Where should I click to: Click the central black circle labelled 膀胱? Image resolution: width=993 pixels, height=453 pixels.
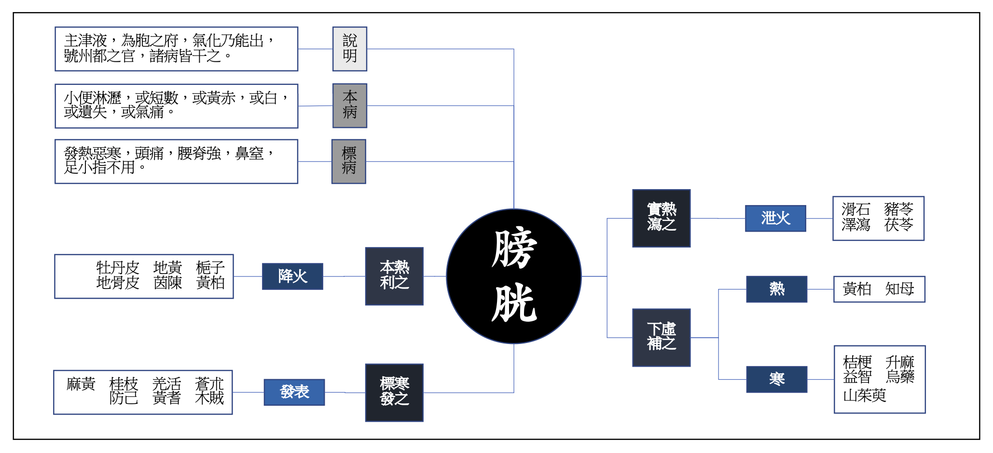[513, 276]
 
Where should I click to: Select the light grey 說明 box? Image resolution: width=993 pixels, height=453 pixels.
[349, 49]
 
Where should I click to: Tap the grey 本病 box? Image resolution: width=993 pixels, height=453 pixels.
[349, 105]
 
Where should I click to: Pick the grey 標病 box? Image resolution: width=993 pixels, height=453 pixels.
[348, 161]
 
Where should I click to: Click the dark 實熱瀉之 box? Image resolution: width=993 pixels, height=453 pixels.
[661, 218]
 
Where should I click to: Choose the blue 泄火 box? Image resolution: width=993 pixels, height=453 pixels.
[775, 218]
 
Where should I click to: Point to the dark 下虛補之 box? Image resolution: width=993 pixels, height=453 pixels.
[661, 337]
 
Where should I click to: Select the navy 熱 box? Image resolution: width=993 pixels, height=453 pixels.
[776, 289]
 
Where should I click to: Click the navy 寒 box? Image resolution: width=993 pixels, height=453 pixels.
[776, 379]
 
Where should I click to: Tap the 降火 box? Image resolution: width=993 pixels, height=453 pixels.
[292, 276]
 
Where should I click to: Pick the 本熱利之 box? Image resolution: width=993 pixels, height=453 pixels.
[394, 276]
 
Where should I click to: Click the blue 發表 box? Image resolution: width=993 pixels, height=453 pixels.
[294, 392]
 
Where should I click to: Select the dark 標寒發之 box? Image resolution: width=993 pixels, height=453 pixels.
[394, 392]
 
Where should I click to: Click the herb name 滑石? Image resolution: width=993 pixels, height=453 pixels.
[855, 209]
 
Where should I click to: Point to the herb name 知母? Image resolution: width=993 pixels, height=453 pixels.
[899, 289]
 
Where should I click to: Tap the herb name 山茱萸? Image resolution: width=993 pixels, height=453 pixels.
[864, 396]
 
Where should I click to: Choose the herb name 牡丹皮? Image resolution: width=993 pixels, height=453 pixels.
[118, 267]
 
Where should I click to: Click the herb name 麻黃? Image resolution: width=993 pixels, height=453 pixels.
[81, 384]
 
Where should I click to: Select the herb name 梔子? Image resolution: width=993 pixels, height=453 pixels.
[210, 267]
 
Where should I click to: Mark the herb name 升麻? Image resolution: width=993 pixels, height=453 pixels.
[899, 362]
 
